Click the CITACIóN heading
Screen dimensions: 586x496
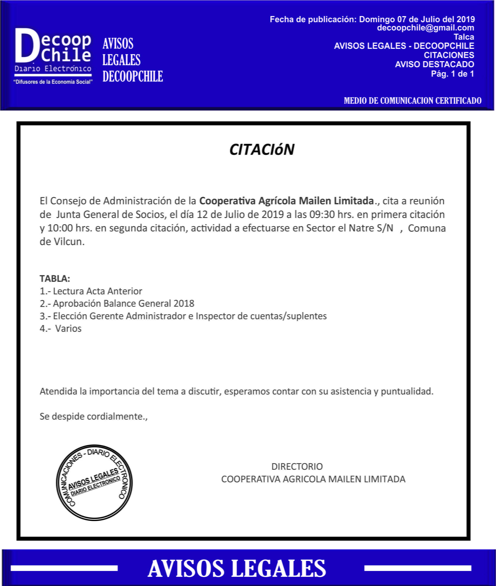tap(262, 149)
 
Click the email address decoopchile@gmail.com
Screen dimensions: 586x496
tap(425, 28)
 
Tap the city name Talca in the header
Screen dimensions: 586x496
tap(464, 37)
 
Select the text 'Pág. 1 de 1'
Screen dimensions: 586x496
tap(452, 74)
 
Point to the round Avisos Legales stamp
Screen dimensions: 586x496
tap(94, 483)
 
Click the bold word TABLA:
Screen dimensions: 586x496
tap(55, 278)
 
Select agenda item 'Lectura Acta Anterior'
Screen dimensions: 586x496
tap(97, 291)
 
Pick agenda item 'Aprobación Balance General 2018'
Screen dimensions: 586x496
tap(123, 303)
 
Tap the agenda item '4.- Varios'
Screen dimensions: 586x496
tap(61, 328)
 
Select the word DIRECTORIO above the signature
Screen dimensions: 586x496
tap(297, 466)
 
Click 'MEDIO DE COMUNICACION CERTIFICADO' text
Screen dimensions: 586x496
tap(413, 101)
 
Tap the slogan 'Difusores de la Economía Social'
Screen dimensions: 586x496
tap(53, 82)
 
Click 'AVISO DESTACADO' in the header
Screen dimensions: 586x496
tap(434, 64)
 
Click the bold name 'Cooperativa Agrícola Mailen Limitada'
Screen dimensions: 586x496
tap(287, 201)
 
